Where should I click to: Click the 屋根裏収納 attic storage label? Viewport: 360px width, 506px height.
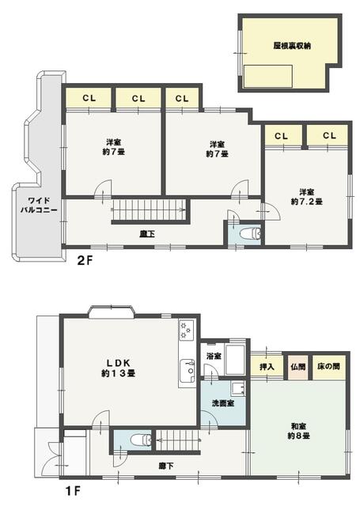(292, 46)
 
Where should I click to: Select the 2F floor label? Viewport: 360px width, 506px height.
(85, 260)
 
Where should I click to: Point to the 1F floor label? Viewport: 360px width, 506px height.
(73, 492)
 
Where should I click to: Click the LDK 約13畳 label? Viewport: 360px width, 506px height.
(118, 368)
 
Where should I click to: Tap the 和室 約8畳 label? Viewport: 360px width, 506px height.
(298, 431)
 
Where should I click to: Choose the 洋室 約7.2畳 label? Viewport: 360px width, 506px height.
(307, 197)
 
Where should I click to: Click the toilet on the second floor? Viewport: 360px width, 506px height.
(251, 233)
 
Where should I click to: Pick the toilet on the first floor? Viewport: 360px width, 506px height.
(141, 440)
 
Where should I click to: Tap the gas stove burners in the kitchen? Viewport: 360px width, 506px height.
(186, 330)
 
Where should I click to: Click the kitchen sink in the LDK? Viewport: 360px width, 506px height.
(187, 370)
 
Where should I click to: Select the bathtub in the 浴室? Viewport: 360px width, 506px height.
(235, 360)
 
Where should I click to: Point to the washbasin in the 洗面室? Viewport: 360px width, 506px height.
(238, 388)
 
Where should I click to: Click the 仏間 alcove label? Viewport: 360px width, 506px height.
(297, 367)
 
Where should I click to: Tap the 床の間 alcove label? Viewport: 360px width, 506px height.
(328, 366)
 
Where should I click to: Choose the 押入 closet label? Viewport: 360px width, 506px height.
(267, 367)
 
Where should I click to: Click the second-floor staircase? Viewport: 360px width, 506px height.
(149, 210)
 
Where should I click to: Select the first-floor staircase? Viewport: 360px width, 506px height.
(177, 440)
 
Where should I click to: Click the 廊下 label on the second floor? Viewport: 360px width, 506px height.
(147, 233)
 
